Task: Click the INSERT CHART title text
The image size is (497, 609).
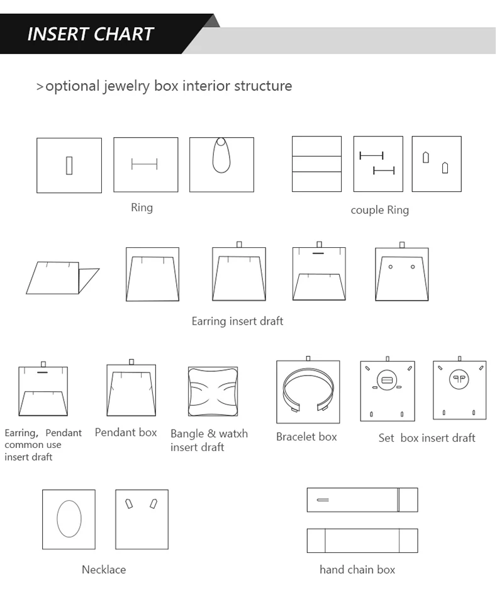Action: tap(91, 34)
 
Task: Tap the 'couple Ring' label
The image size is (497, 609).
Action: tap(380, 210)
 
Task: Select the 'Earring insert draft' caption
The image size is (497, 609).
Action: tap(237, 321)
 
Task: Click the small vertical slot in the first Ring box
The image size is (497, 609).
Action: tap(69, 165)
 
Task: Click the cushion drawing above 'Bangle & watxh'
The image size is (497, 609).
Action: tap(213, 391)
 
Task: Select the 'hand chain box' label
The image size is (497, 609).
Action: tap(357, 570)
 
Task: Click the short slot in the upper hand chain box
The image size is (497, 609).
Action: tap(323, 500)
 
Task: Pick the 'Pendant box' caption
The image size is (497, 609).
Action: tap(126, 432)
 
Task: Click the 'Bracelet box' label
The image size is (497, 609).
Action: tap(306, 437)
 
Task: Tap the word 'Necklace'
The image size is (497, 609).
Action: tap(104, 570)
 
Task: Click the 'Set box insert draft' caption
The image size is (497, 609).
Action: tap(427, 438)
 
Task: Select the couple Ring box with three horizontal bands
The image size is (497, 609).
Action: tap(317, 164)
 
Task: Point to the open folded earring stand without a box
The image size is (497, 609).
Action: tap(62, 277)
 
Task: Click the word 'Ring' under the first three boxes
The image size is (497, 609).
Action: tap(142, 208)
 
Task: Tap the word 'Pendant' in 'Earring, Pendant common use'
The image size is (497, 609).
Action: tap(64, 433)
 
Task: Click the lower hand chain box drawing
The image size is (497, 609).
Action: tap(362, 540)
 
